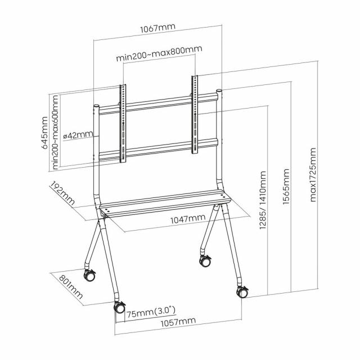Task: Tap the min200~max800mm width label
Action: coord(159,58)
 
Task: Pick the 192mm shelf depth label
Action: coord(62,193)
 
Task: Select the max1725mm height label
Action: coord(313,174)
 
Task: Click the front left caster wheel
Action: coord(120,308)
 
